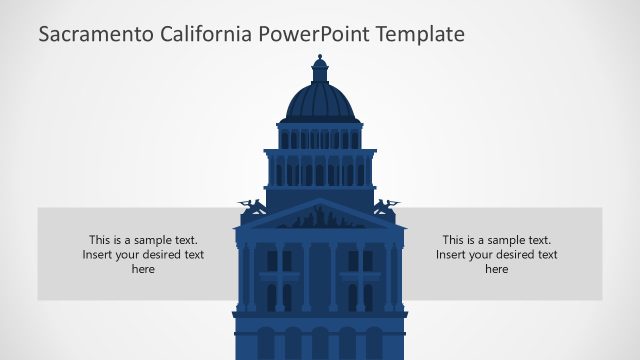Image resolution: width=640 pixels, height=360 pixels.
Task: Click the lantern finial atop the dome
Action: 320,70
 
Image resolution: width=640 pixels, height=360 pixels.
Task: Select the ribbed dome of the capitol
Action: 320,103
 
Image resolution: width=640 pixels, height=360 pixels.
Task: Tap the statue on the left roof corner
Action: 252,208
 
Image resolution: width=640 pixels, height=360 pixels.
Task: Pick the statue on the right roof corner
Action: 387,208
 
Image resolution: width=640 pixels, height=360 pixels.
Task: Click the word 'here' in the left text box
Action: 143,269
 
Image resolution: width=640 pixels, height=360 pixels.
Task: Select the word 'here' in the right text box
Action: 497,269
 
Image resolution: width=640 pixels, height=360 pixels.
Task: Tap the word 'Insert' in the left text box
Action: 99,254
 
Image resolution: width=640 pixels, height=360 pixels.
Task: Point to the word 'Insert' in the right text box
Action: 453,254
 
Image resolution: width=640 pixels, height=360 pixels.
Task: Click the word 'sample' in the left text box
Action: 152,240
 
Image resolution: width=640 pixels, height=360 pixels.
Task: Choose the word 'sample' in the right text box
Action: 506,240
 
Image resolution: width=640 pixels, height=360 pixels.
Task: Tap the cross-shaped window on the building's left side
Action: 280,261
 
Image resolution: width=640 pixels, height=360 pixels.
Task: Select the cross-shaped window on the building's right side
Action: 360,261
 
